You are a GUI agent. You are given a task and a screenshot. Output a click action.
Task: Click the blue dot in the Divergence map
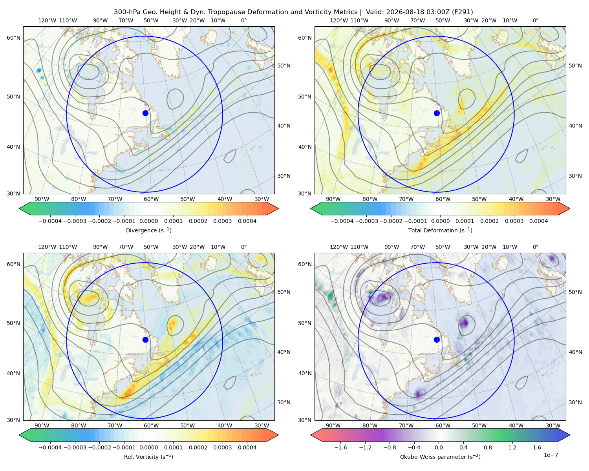point(145,113)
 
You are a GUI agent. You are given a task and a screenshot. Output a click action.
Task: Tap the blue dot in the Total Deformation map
point(437,113)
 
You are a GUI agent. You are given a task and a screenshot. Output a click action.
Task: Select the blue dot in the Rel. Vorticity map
point(145,340)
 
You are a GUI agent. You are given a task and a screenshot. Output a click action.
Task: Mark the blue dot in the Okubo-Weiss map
point(437,340)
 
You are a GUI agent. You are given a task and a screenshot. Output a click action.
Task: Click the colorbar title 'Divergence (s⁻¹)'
point(148,230)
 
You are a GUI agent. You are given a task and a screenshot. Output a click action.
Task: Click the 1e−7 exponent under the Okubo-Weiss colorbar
point(551,455)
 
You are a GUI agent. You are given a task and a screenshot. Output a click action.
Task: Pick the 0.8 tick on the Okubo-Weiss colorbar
point(488,447)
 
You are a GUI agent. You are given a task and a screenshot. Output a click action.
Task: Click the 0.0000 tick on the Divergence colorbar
point(148,221)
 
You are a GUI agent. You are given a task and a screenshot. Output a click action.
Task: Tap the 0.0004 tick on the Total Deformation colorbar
point(538,221)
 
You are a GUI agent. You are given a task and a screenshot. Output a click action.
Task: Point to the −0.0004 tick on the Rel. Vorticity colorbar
point(50,447)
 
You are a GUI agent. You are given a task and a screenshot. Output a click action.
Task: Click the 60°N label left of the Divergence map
point(13,38)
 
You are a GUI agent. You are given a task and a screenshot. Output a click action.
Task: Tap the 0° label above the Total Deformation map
point(535,20)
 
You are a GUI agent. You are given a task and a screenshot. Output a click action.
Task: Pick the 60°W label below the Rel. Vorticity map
point(151,425)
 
